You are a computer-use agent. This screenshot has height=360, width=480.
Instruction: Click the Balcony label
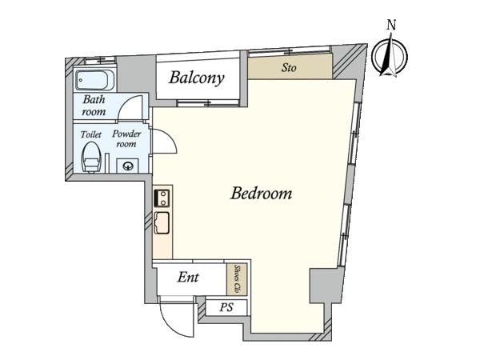[x=197, y=78]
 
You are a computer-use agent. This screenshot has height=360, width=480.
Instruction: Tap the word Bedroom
[x=261, y=193]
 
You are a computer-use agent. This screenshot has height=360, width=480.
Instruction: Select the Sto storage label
[x=289, y=67]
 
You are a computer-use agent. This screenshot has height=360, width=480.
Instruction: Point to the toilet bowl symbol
[x=91, y=157]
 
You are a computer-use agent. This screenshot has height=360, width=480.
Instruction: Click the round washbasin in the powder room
[x=128, y=166]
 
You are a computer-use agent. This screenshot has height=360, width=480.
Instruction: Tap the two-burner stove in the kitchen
[x=162, y=198]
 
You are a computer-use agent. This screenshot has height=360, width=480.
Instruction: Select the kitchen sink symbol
[x=162, y=222]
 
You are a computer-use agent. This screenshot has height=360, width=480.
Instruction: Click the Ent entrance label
[x=188, y=278]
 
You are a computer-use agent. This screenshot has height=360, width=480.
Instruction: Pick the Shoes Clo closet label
[x=237, y=278]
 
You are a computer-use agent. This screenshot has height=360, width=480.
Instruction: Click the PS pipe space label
[x=226, y=307]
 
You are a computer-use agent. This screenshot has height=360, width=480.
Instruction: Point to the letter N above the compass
[x=391, y=25]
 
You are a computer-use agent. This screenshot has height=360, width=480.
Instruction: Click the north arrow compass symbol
[x=390, y=57]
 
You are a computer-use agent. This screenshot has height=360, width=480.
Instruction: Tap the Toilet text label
[x=91, y=134]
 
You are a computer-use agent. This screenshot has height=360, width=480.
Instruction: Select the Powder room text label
[x=126, y=138]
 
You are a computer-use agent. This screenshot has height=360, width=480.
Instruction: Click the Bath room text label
[x=94, y=106]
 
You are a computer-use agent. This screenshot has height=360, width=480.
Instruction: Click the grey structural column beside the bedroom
[x=326, y=286]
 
